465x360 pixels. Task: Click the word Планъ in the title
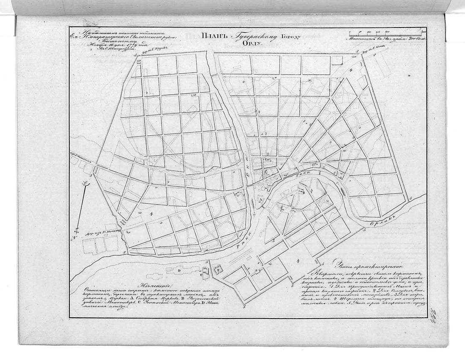216,37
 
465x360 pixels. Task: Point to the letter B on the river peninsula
303,192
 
